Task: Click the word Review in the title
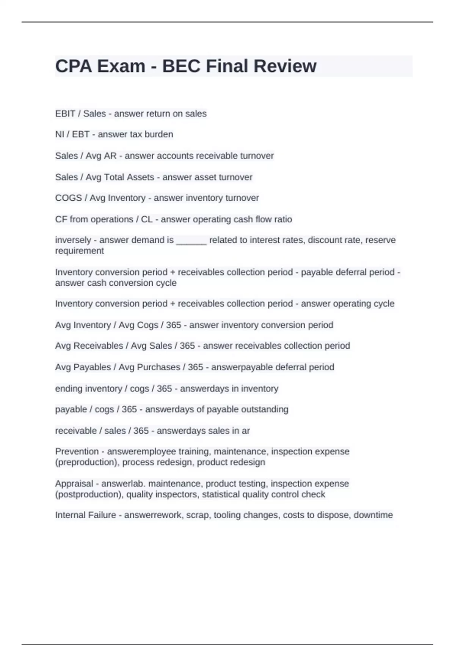pos(285,66)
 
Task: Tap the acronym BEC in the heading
pos(181,66)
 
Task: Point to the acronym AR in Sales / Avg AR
pos(110,156)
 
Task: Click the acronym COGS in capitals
pos(68,198)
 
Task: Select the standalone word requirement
pos(80,251)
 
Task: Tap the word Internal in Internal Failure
pos(70,515)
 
